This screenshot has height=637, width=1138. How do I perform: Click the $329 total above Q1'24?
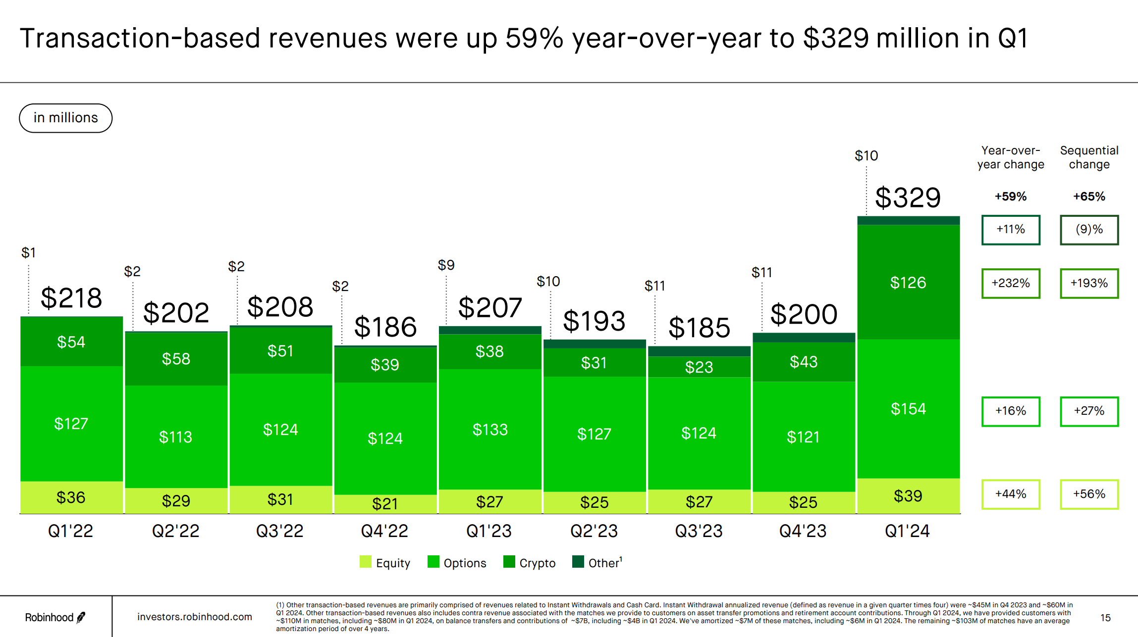tap(908, 197)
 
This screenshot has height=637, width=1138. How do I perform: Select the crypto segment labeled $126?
tap(908, 283)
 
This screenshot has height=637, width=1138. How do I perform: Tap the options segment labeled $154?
tap(908, 409)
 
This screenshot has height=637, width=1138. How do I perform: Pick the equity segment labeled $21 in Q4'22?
tap(385, 503)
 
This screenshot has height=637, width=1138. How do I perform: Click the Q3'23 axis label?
tap(699, 531)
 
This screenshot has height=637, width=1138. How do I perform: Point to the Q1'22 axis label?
tap(70, 531)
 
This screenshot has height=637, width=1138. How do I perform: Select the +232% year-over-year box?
tap(1010, 283)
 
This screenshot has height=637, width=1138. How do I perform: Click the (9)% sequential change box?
tap(1089, 230)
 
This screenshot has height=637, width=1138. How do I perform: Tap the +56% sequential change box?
tap(1089, 494)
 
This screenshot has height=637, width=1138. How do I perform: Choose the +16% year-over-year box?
tap(1010, 411)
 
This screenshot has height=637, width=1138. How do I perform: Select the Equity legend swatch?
tap(366, 562)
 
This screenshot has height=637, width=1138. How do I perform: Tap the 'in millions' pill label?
tap(66, 118)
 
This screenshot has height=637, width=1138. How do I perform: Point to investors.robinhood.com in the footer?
tap(194, 617)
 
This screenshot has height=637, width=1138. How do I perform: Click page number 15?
tap(1105, 618)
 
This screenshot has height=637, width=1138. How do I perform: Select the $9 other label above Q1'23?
tap(446, 265)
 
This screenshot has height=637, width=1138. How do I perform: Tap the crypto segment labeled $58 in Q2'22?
tap(176, 359)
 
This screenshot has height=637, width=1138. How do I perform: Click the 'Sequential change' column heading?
tap(1089, 157)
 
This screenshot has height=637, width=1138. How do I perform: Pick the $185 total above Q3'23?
tap(699, 328)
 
